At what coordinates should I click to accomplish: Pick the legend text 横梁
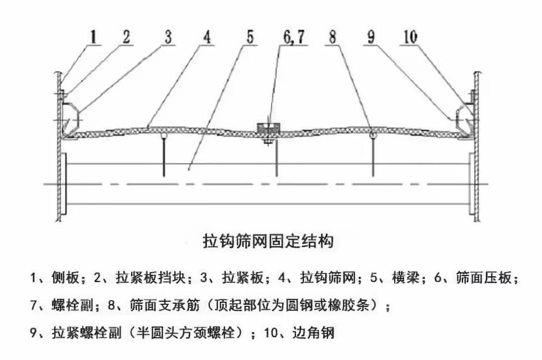coord(405,278)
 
